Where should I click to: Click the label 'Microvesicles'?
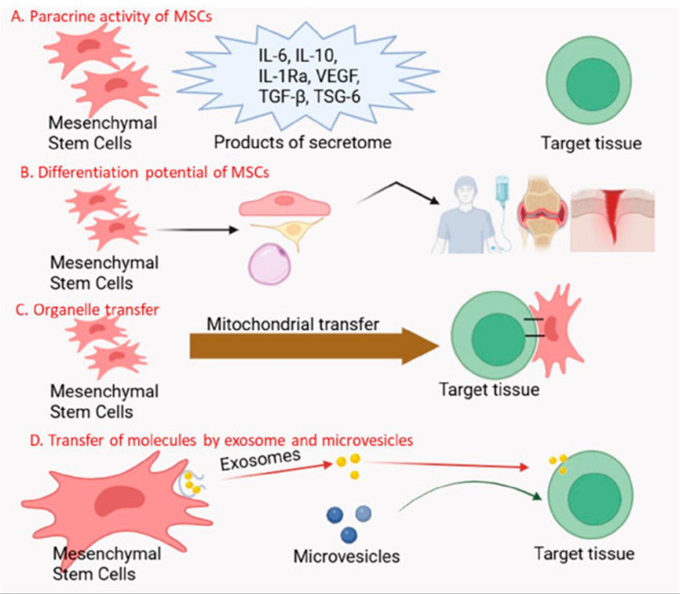pyautogui.click(x=346, y=556)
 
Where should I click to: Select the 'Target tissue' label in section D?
pyautogui.click(x=584, y=554)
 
